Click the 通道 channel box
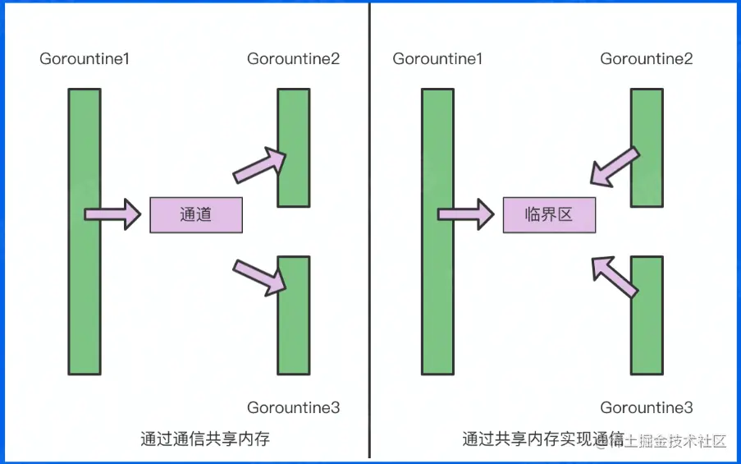[195, 215]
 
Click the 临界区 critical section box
[549, 215]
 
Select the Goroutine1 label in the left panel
[85, 59]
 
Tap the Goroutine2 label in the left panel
[293, 59]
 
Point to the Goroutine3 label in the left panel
[293, 407]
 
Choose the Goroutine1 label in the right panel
[437, 59]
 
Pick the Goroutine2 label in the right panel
[646, 59]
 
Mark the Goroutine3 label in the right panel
[646, 407]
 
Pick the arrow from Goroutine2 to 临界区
[614, 166]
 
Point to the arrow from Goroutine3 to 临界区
[615, 275]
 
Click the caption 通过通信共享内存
[204, 439]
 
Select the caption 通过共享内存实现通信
[542, 439]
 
